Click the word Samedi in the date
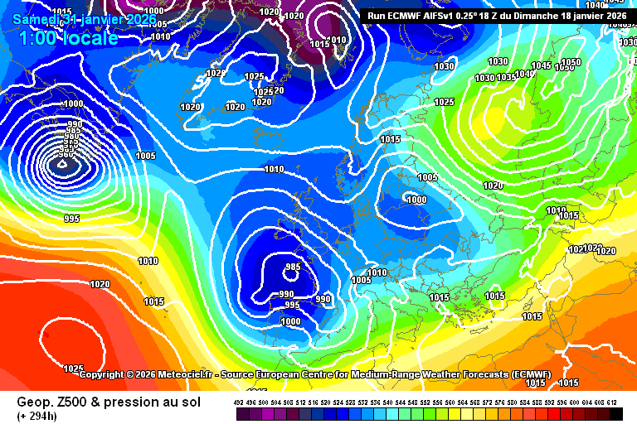[x=35, y=18]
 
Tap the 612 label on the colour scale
[x=612, y=402]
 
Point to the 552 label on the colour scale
[x=426, y=402]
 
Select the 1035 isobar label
[x=506, y=78]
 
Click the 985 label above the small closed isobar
[x=292, y=267]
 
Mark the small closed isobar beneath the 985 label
[x=292, y=278]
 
